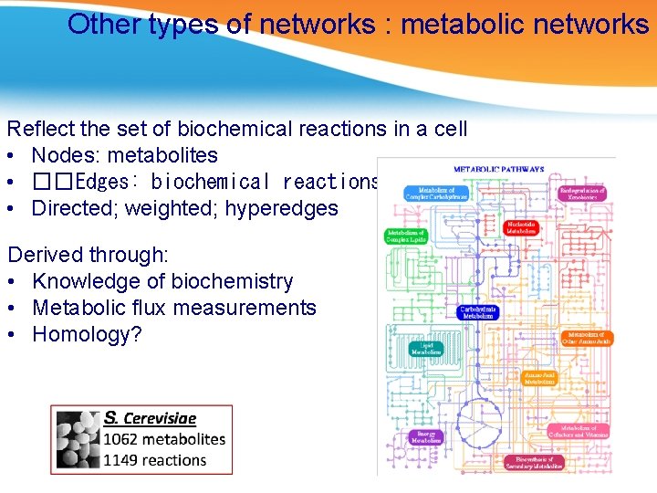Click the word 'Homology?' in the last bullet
pyautogui.click(x=88, y=334)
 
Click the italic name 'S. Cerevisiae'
pyautogui.click(x=150, y=418)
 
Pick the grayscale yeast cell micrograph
pyautogui.click(x=78, y=439)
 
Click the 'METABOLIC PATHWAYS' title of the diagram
pyautogui.click(x=498, y=169)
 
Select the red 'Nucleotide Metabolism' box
pyautogui.click(x=521, y=227)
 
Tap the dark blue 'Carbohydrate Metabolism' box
pyautogui.click(x=478, y=312)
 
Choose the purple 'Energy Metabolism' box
pyautogui.click(x=425, y=437)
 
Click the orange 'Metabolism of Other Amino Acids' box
pyautogui.click(x=586, y=338)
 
